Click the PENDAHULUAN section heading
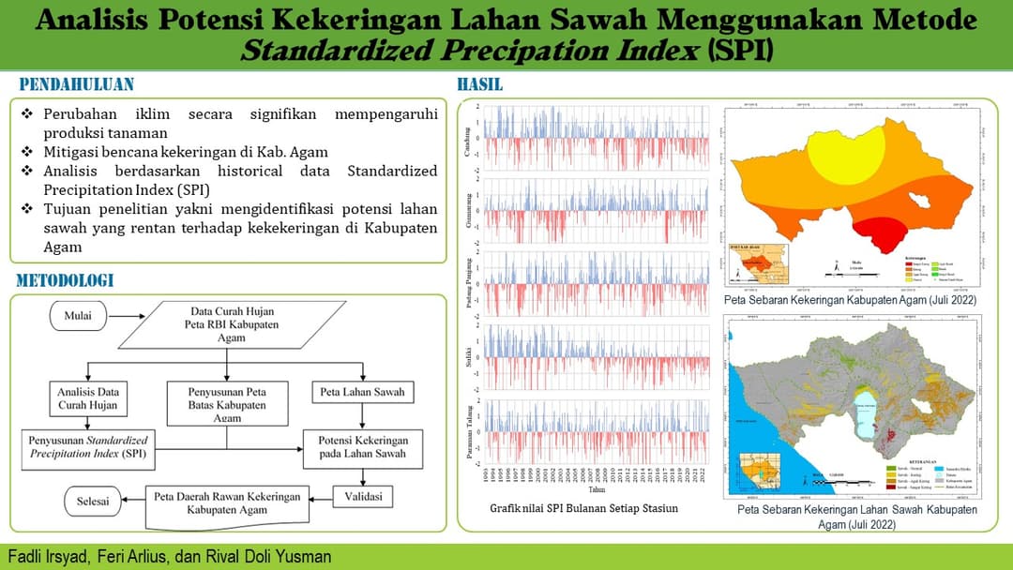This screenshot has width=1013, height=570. point(77,84)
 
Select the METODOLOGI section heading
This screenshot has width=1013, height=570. point(65,280)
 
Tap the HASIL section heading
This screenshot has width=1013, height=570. point(480,84)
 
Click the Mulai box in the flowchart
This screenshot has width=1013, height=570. point(78,316)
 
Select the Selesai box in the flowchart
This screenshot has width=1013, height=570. point(92,501)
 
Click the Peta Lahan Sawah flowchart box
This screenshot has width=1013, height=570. point(363,392)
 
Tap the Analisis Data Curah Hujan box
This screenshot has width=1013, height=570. point(85,398)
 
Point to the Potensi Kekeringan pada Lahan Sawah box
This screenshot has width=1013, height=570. point(362,446)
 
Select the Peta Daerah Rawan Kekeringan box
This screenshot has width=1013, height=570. point(227,502)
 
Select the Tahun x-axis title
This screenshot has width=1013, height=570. point(597,489)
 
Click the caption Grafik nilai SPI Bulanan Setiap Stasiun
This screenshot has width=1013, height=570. point(583,508)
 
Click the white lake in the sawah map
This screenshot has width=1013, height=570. point(870,412)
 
